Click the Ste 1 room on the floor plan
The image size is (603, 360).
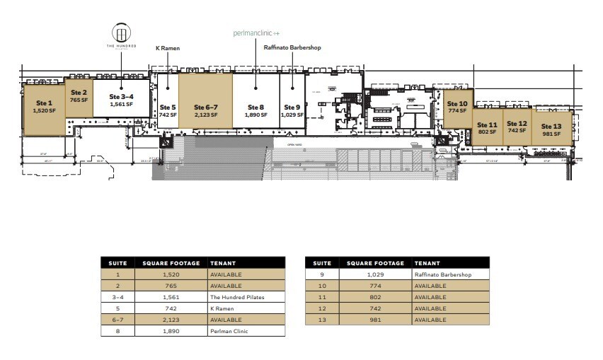(44, 107)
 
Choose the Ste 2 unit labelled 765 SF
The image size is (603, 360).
(79, 96)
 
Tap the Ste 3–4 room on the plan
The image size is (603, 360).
(121, 99)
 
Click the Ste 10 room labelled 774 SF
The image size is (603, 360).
(458, 108)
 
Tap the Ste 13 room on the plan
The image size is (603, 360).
(551, 129)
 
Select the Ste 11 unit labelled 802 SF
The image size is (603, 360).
(488, 128)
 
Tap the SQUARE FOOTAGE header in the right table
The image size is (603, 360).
(375, 262)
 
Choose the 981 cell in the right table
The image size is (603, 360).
(375, 320)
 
